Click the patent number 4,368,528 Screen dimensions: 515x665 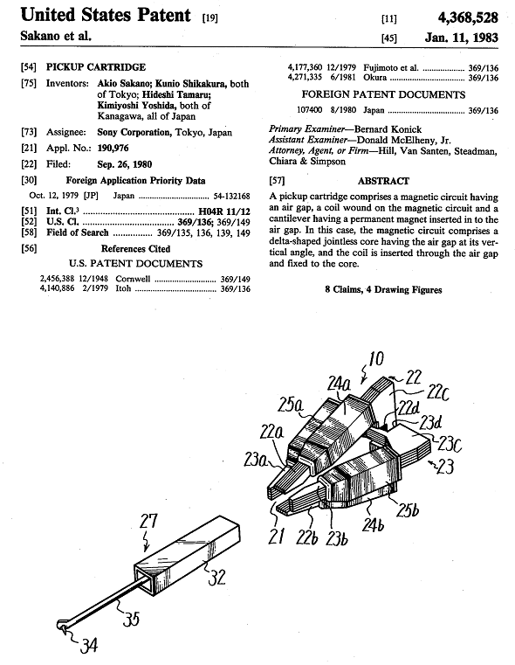click(468, 17)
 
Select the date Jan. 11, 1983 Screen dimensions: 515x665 click(461, 38)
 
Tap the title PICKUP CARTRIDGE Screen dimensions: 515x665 click(96, 67)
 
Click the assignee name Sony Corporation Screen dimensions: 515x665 click(134, 132)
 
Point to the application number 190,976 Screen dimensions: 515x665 click(113, 148)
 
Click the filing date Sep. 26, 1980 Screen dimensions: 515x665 click(125, 164)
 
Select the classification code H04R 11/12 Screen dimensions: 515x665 click(224, 211)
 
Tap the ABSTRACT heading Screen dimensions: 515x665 click(383, 181)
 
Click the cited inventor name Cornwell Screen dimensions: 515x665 click(133, 279)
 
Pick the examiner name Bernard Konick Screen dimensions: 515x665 click(388, 129)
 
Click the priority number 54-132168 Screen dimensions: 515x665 click(231, 196)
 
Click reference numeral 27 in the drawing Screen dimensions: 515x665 click(148, 522)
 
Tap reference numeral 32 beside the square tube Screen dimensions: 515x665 click(216, 577)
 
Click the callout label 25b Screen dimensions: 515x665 click(408, 509)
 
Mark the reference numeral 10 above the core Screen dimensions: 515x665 click(375, 359)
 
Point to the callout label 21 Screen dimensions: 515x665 click(277, 537)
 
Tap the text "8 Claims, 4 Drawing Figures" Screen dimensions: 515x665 click(383, 290)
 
